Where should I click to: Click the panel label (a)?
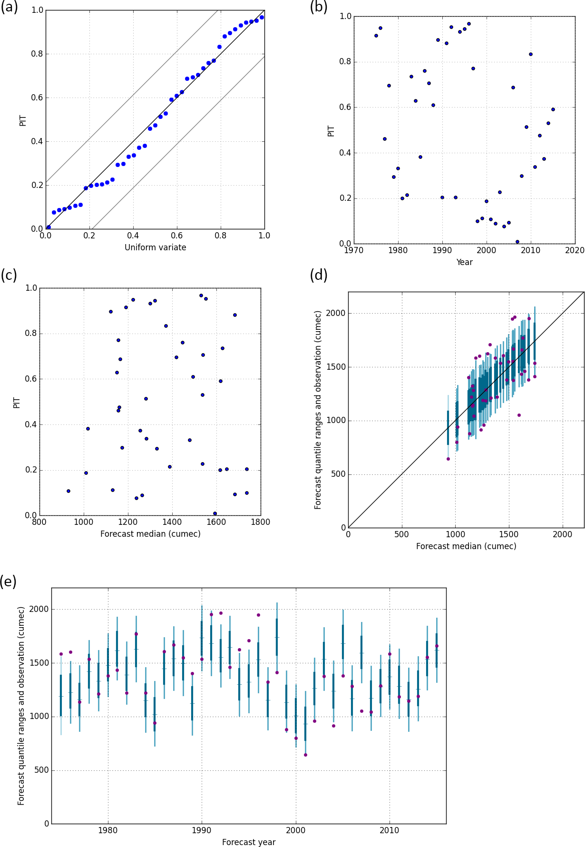(9, 8)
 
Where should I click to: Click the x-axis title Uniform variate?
(156, 247)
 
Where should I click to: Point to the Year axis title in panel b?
(464, 262)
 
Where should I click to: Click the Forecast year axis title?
(249, 842)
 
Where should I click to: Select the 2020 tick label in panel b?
(575, 251)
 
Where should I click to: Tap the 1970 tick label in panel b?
(353, 251)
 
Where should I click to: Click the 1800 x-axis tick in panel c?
(261, 522)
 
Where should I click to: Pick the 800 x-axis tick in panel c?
(39, 522)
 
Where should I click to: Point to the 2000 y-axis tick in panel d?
(336, 314)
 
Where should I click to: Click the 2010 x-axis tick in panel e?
(390, 830)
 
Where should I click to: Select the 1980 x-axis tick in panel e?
(108, 830)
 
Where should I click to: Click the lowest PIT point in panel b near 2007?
(517, 242)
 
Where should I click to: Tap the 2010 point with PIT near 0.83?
(531, 54)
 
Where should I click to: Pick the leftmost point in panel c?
(68, 491)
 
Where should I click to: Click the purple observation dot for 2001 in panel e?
(305, 755)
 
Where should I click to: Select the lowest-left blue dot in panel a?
(49, 227)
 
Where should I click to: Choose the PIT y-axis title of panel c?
(17, 403)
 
